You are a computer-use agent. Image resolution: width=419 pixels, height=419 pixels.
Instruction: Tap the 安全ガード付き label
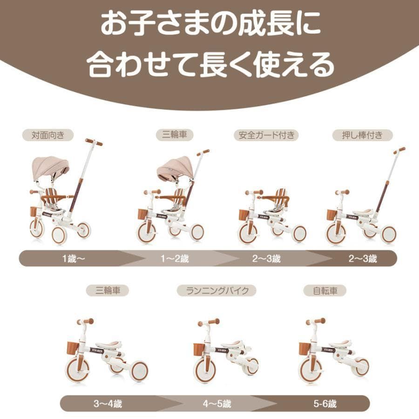coord(266,135)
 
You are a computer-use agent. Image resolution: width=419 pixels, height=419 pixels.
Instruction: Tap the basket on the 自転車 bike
coord(304,348)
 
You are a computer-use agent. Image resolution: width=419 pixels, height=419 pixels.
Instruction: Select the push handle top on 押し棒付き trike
coord(399,150)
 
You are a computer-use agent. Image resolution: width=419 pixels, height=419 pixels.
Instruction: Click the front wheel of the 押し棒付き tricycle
coord(336,233)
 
